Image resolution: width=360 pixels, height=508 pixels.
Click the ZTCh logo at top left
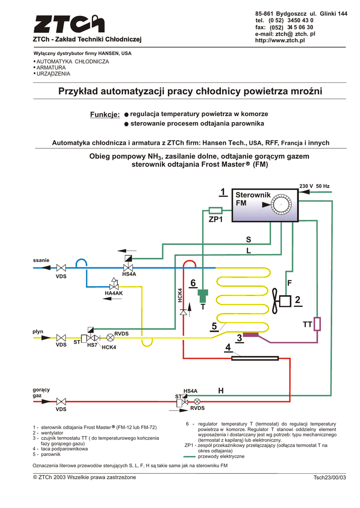pyautogui.click(x=70, y=25)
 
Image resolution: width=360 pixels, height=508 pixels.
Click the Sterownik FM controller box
pyautogui.click(x=266, y=204)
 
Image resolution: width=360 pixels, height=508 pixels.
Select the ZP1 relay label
pyautogui.click(x=216, y=219)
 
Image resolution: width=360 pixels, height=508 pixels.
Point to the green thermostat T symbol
pyautogui.click(x=203, y=296)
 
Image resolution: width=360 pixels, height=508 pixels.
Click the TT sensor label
pyautogui.click(x=307, y=324)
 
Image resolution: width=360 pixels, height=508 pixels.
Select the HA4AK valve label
pyautogui.click(x=113, y=294)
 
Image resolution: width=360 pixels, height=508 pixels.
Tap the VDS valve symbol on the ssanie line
pyautogui.click(x=62, y=268)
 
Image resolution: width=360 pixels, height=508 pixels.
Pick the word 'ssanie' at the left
pyautogui.click(x=41, y=260)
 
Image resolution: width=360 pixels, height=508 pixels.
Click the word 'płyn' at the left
pyautogui.click(x=38, y=331)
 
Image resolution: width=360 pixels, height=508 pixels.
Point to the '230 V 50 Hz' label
pyautogui.click(x=314, y=186)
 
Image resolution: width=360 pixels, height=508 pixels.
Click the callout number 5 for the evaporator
pyautogui.click(x=214, y=326)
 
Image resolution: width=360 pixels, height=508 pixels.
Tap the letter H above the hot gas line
pyautogui.click(x=220, y=391)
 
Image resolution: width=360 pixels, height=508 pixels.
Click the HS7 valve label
pyautogui.click(x=92, y=345)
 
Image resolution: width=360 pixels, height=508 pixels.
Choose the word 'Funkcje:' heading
pyautogui.click(x=105, y=115)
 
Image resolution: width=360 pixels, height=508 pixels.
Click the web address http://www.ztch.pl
pyautogui.click(x=279, y=40)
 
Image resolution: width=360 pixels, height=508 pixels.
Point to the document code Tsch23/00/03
pyautogui.click(x=329, y=478)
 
